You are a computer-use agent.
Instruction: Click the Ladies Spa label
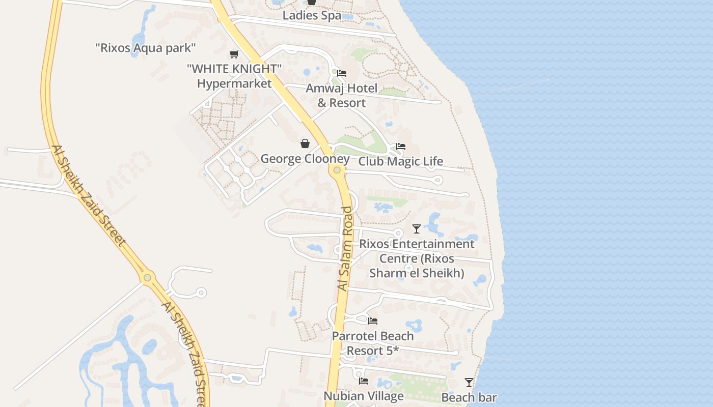(312, 15)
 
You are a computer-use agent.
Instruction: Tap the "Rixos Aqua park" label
(146, 48)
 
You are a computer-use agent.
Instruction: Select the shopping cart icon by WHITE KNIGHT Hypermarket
(234, 54)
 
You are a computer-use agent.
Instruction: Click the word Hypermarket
(234, 83)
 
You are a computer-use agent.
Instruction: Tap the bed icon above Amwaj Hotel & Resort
(342, 73)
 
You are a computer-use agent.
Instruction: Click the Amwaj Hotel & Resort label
(342, 96)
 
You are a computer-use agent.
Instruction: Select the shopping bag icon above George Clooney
(305, 144)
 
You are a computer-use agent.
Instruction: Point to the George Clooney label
(305, 159)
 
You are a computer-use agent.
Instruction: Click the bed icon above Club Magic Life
(401, 147)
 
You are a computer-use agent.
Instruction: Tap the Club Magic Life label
(401, 162)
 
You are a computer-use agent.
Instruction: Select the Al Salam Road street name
(345, 249)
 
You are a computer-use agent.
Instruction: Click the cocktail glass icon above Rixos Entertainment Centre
(417, 229)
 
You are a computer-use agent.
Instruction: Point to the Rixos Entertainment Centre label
(417, 258)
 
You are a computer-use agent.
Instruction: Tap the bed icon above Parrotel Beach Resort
(373, 321)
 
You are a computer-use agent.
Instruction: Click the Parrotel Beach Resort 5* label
(373, 343)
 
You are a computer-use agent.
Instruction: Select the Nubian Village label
(364, 396)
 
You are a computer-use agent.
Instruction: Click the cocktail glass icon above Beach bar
(469, 382)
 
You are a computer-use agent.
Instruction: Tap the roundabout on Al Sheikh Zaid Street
(148, 278)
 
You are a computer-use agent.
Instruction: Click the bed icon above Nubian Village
(364, 381)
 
